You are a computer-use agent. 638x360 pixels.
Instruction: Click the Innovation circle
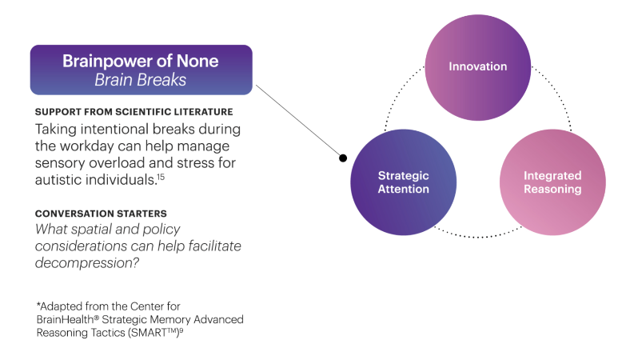point(477,66)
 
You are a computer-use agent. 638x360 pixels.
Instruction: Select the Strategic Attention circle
point(404,182)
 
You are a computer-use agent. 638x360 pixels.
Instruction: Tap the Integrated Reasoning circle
point(552,182)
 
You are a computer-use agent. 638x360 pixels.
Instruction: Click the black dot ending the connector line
point(343,158)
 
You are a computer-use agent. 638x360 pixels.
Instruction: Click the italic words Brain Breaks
point(141,79)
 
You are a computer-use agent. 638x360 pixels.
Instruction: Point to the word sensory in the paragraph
point(60,162)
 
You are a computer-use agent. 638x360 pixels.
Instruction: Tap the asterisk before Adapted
point(38,306)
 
